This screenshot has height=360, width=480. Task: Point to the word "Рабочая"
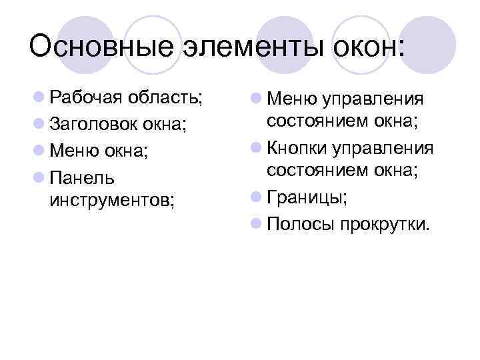click(x=84, y=99)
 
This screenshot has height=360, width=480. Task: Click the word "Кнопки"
click(x=294, y=147)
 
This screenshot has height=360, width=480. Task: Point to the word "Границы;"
click(x=307, y=197)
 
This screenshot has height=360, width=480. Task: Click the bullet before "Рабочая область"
click(x=39, y=99)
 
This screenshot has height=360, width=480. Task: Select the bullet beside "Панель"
click(x=39, y=177)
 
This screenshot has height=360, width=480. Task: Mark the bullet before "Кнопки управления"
click(x=256, y=147)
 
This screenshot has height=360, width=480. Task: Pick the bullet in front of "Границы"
click(x=256, y=197)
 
